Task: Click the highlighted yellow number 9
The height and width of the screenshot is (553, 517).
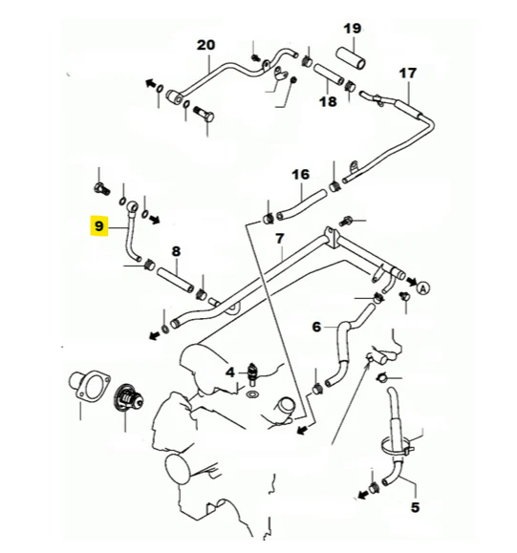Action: tap(99, 226)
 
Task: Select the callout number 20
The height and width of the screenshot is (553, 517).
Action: tap(206, 45)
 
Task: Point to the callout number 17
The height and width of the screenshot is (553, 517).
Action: tap(407, 74)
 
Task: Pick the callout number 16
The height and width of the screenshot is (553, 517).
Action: tap(301, 174)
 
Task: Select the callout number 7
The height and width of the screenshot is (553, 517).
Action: tap(279, 238)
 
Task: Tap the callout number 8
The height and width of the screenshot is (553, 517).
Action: tap(176, 251)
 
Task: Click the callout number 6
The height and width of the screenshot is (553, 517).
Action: tap(316, 327)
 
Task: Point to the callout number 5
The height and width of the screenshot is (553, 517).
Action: tap(415, 507)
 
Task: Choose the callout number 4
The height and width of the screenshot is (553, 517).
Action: tap(229, 371)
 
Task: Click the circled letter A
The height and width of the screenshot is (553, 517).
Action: tap(424, 285)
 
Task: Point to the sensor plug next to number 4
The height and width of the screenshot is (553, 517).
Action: tap(252, 371)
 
